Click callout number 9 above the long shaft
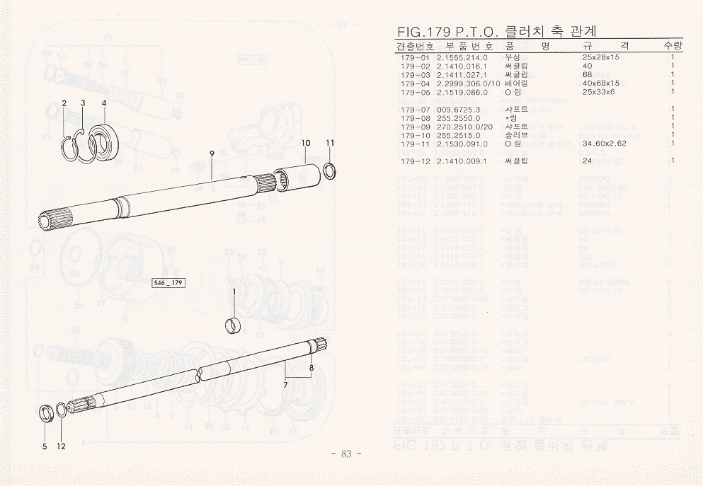click(212, 154)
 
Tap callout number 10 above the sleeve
click(306, 143)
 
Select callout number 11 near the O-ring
click(330, 143)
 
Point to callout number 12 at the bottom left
click(61, 446)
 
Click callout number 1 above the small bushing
click(234, 291)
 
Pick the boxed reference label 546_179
click(168, 283)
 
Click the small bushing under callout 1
click(234, 325)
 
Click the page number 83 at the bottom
click(346, 453)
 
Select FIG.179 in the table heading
click(421, 32)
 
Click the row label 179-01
click(415, 57)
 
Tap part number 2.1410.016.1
click(462, 66)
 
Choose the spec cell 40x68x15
click(600, 83)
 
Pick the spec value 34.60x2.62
click(604, 144)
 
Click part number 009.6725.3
click(459, 109)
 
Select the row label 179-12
click(415, 161)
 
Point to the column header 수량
click(673, 46)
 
